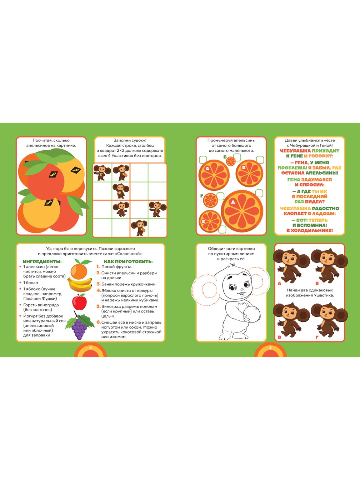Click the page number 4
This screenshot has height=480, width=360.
click(x=91, y=347)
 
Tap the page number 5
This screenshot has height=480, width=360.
click(x=270, y=347)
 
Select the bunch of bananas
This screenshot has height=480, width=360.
click(x=80, y=285)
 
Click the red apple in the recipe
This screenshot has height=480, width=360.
click(x=80, y=302)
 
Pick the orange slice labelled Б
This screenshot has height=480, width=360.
click(x=231, y=161)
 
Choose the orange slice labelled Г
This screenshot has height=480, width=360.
click(x=210, y=200)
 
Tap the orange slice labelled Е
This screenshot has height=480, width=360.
click(x=210, y=221)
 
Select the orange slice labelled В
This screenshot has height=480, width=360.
click(x=249, y=173)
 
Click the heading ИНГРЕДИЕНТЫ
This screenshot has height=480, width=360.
click(x=42, y=261)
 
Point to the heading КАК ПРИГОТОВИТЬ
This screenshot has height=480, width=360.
click(x=128, y=261)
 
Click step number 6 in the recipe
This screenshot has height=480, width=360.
click(x=99, y=322)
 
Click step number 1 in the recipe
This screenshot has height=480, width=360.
click(x=98, y=266)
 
